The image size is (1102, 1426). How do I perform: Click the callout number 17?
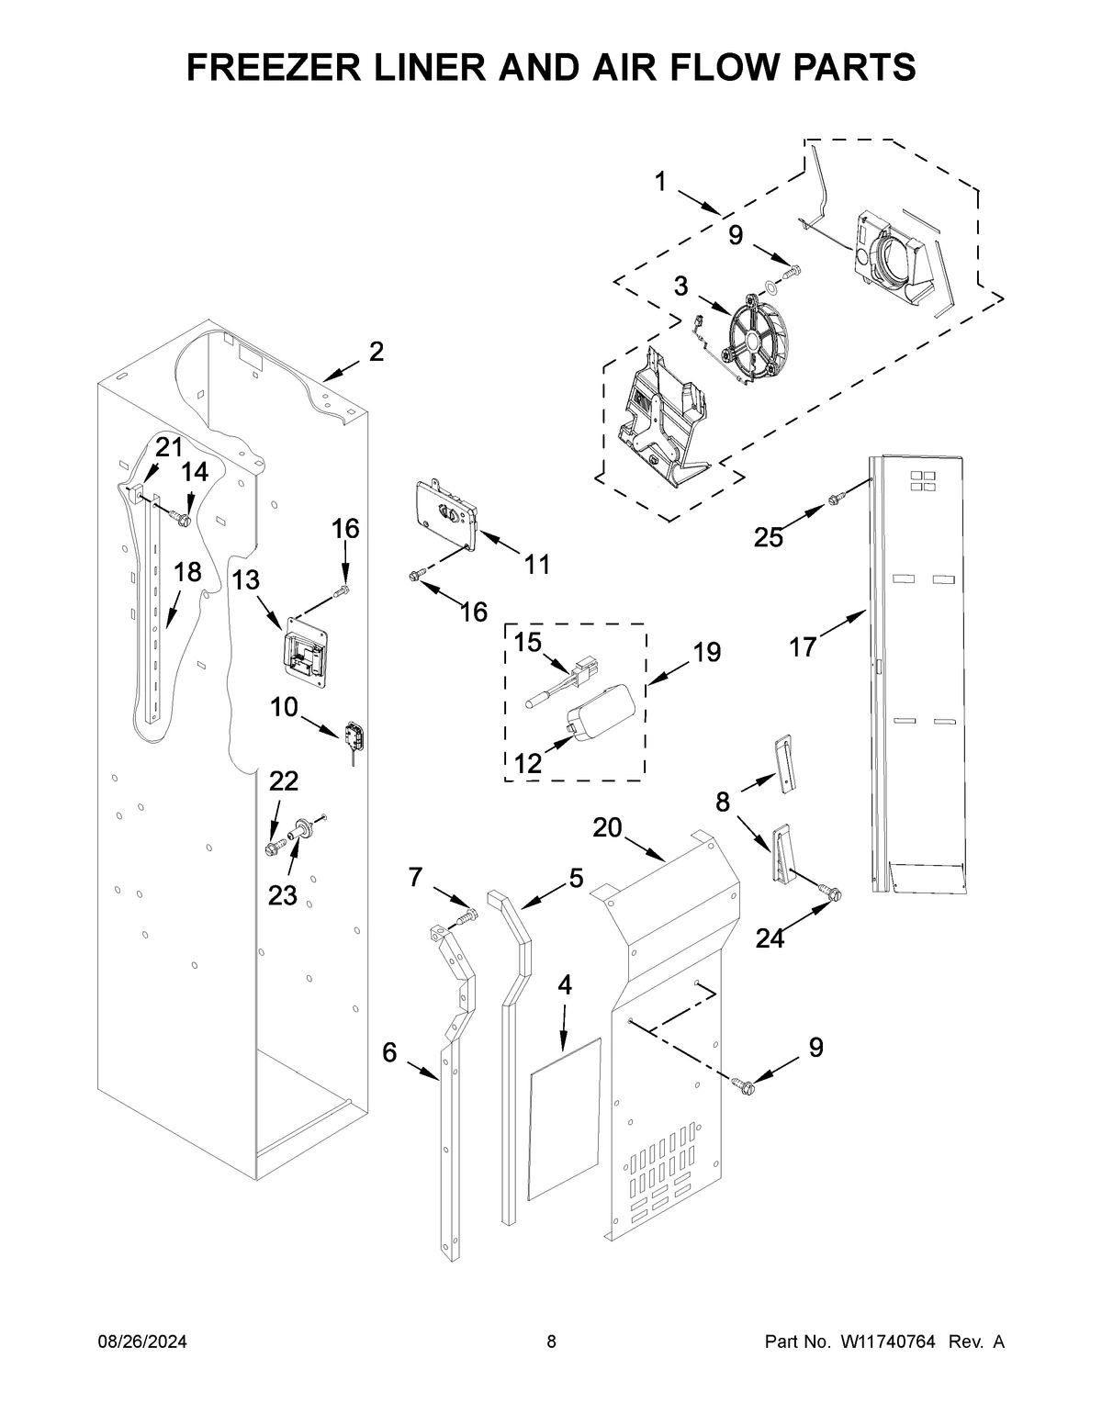(x=802, y=647)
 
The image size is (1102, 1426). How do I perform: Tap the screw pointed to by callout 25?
(x=837, y=500)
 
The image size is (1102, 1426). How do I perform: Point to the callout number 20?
(x=607, y=827)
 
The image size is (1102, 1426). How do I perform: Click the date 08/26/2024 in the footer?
(x=142, y=1342)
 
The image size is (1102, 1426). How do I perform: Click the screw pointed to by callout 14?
(x=181, y=520)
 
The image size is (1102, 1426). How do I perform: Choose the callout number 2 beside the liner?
(x=377, y=352)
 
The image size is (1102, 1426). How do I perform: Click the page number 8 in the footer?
(x=551, y=1342)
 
